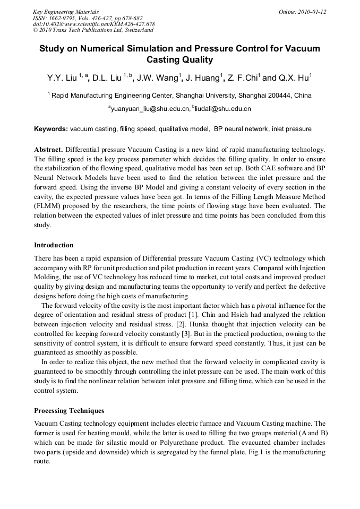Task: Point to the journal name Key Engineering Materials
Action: [x=66, y=12]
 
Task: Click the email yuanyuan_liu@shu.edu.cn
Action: [x=150, y=109]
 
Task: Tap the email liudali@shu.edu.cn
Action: [x=223, y=109]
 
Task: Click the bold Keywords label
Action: [x=51, y=129]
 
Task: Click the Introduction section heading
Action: [x=54, y=245]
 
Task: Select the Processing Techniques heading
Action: [x=69, y=411]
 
